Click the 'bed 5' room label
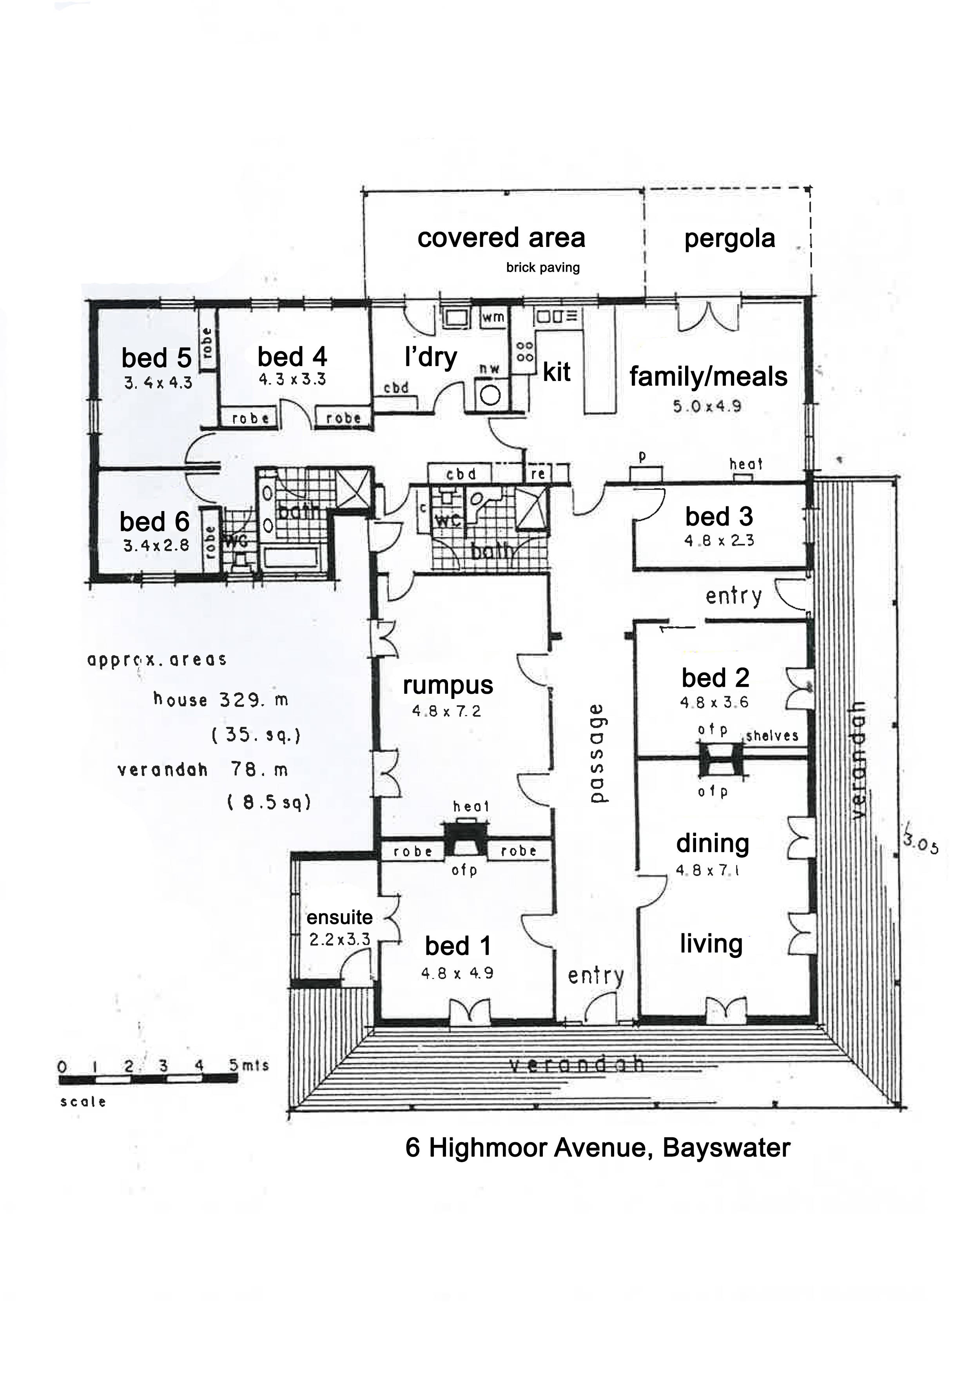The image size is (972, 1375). [x=156, y=358]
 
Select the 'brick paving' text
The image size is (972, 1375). [x=542, y=268]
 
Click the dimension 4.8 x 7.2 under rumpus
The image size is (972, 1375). [x=446, y=711]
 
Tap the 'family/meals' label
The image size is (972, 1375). [x=708, y=377]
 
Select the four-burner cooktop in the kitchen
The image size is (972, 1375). [x=525, y=352]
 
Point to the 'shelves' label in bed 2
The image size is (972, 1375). [x=772, y=736]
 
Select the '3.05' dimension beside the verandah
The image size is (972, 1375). [x=921, y=844]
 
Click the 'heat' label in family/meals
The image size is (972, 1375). [x=745, y=464]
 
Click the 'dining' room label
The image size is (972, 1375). [x=713, y=843]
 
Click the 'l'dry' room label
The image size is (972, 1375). [x=431, y=357]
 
